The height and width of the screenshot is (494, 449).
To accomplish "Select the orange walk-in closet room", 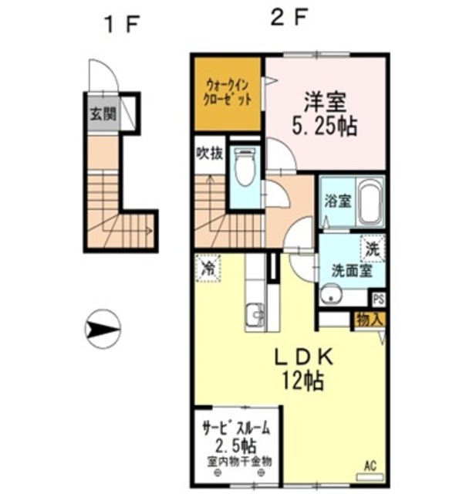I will click(227, 93).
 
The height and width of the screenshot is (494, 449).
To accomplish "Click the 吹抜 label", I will click(208, 152).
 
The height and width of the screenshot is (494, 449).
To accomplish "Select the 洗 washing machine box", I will click(373, 249).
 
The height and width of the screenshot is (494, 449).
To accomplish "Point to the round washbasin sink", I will click(333, 295).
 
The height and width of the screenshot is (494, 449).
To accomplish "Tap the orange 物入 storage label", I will click(370, 316).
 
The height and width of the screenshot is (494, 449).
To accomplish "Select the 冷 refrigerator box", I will click(208, 268).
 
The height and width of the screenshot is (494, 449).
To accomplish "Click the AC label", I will click(370, 465).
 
